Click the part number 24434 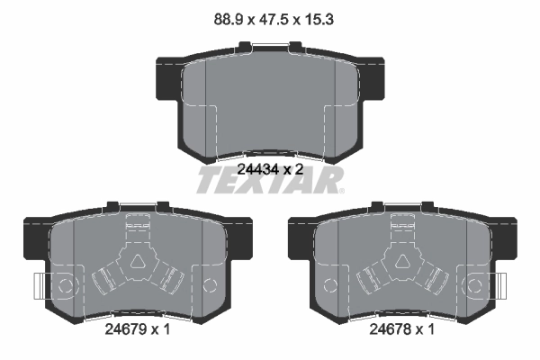[x=258, y=169]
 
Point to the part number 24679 [x=125, y=329]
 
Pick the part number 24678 [x=390, y=329]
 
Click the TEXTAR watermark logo [x=270, y=180]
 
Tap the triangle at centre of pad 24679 [x=139, y=262]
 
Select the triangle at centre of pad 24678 [x=403, y=262]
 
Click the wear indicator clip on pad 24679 [x=40, y=286]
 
